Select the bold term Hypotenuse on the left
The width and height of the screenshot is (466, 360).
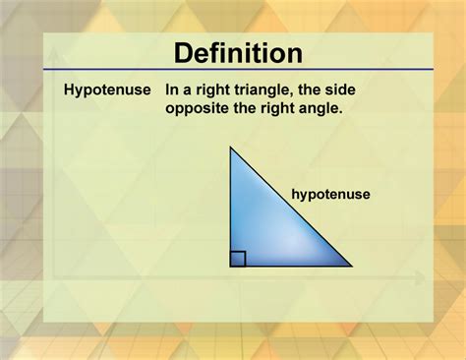click(107, 90)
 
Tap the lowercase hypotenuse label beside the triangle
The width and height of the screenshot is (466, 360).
click(330, 195)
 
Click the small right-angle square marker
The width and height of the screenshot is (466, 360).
click(238, 259)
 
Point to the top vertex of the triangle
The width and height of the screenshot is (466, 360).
click(232, 149)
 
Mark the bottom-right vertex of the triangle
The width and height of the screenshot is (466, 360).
click(350, 266)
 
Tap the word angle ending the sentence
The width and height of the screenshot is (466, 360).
click(322, 108)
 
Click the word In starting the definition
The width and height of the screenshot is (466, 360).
click(172, 90)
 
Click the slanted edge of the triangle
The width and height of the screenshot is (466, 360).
click(292, 208)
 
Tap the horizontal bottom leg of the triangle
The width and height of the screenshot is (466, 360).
click(290, 266)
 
